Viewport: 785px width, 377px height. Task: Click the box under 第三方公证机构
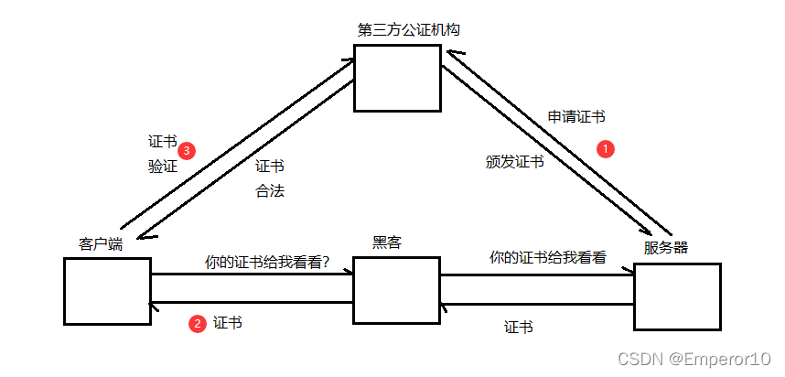(x=397, y=79)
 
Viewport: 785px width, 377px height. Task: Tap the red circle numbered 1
(x=605, y=147)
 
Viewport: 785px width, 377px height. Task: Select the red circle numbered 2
(x=197, y=323)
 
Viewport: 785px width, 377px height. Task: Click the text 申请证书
(x=575, y=117)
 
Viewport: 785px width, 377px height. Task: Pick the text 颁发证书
(x=514, y=162)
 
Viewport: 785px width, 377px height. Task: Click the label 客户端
(x=101, y=244)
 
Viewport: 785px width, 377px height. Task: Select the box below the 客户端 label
(x=108, y=291)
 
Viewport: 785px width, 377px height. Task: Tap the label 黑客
(x=387, y=242)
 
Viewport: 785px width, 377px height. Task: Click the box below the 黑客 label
(x=396, y=290)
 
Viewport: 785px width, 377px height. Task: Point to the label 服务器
(x=666, y=247)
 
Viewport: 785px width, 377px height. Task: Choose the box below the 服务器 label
(x=677, y=296)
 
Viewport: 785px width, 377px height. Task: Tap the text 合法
(x=269, y=192)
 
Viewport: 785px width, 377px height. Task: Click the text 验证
(x=162, y=167)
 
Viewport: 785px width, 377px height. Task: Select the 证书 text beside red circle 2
(x=228, y=323)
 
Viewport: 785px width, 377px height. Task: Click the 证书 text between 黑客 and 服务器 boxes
(x=519, y=327)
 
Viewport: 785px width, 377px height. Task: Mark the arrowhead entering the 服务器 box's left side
(x=629, y=271)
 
